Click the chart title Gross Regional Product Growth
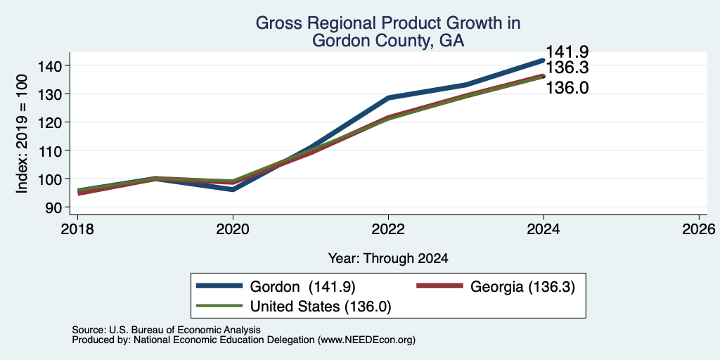388,23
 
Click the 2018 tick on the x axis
77,229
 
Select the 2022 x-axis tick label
388,229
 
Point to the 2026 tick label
699,229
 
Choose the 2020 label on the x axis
233,229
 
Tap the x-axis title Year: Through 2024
388,259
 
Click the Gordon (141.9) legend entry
276,287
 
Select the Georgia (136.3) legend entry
496,287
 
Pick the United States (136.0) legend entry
293,306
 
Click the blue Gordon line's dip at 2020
233,189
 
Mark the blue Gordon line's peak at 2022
388,97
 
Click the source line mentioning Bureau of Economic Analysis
166,330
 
